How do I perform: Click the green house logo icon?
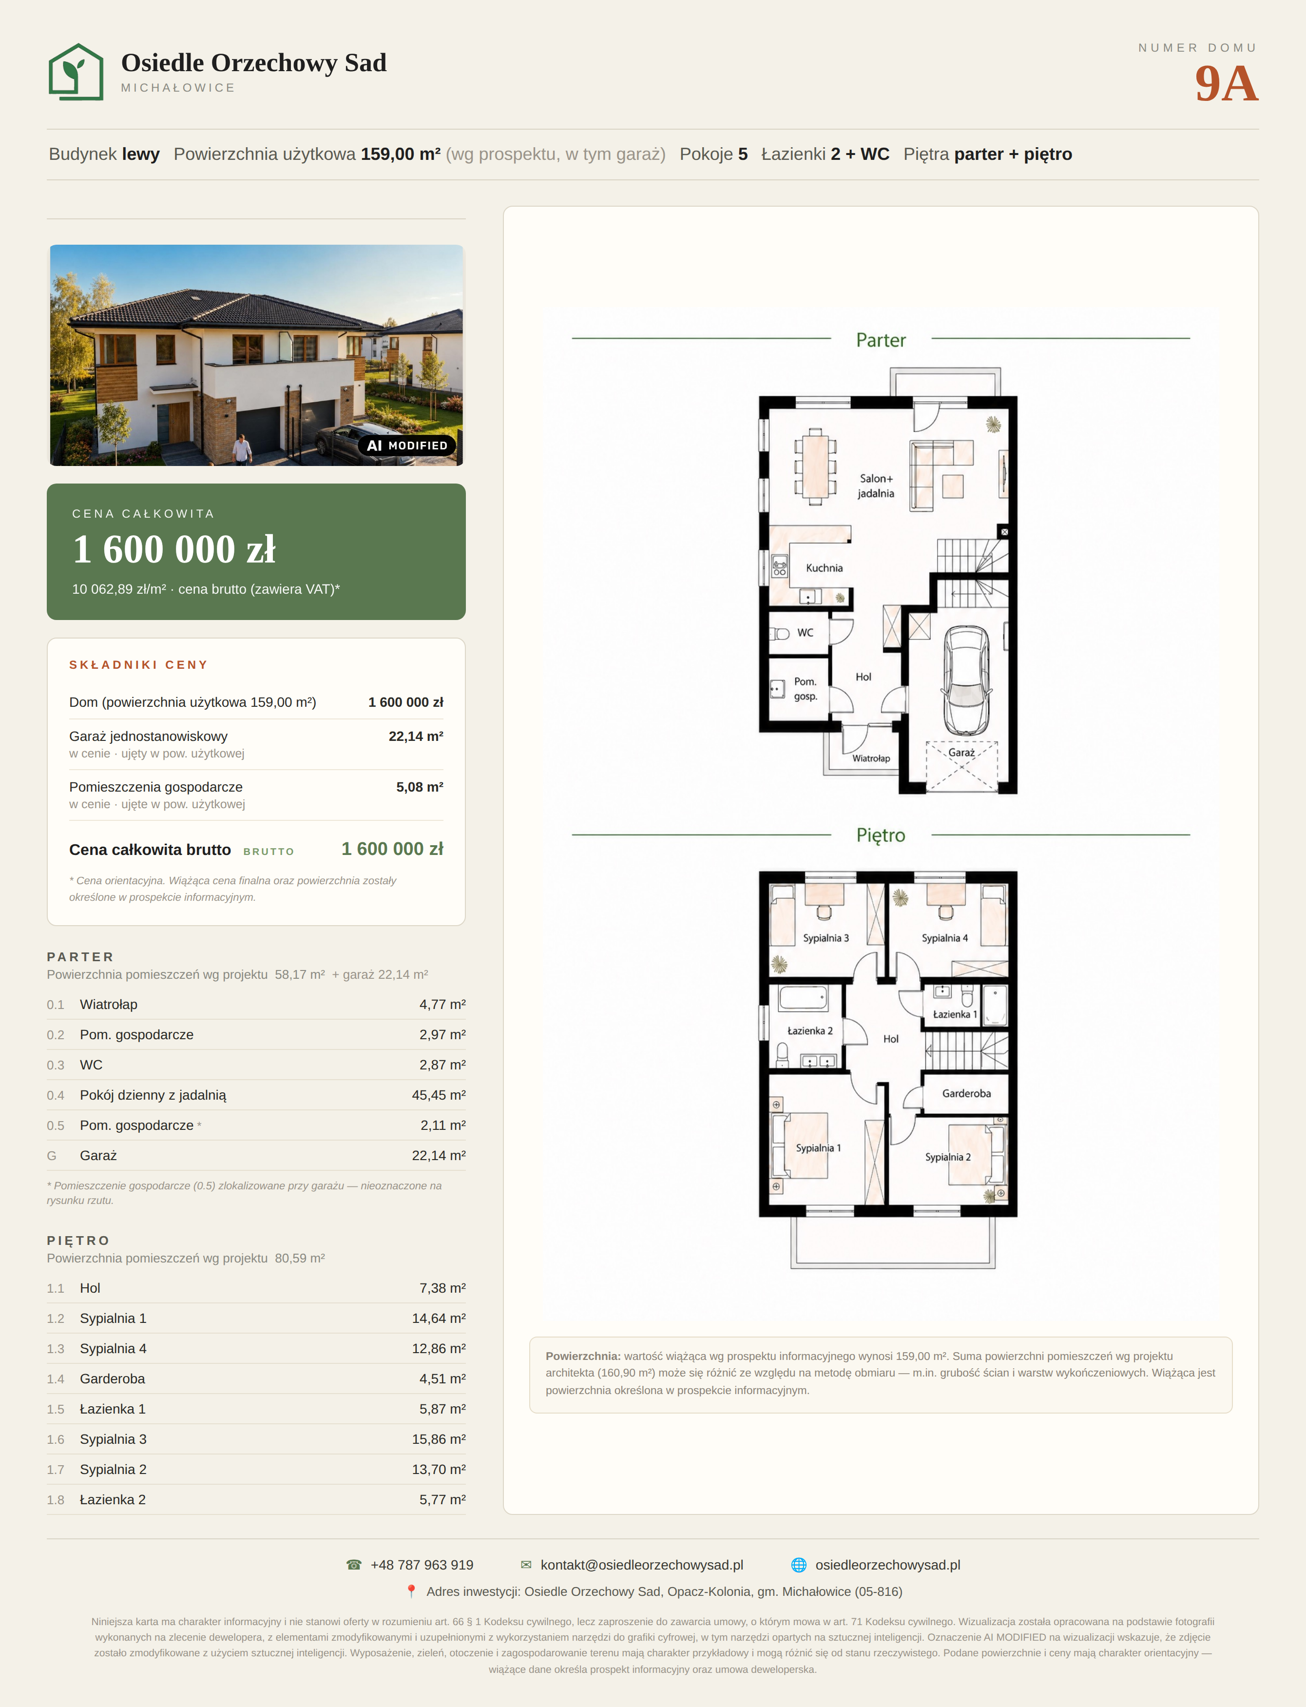(76, 72)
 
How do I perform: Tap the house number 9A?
(1226, 84)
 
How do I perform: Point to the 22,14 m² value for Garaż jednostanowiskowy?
(416, 737)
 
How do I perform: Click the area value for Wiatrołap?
(442, 1005)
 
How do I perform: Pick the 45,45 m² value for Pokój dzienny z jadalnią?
(439, 1095)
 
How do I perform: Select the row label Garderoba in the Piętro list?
(113, 1379)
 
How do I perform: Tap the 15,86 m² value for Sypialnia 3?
(439, 1439)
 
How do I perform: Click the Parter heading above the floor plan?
(881, 340)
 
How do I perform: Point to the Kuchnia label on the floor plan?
(824, 568)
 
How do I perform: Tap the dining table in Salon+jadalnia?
(815, 466)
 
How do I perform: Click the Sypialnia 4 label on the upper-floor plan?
(944, 938)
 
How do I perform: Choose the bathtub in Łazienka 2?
(804, 998)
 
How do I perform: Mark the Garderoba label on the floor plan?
(966, 1093)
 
